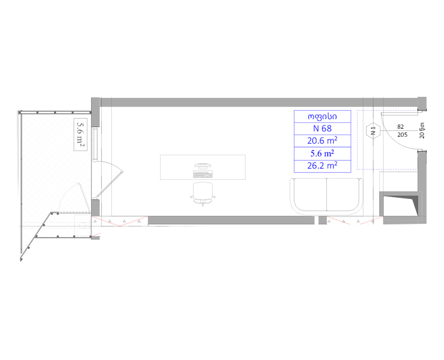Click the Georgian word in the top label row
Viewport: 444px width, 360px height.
coord(322,117)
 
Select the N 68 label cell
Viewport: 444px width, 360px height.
coord(322,129)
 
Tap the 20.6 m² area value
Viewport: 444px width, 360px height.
coord(322,141)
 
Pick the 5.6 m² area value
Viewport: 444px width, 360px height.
coord(322,154)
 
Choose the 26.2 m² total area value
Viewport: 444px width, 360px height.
coord(322,166)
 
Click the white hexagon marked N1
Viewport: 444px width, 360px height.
coord(373,131)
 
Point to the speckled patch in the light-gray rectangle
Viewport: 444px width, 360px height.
coord(81,132)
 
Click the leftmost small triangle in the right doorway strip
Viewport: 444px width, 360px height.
coord(329,221)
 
